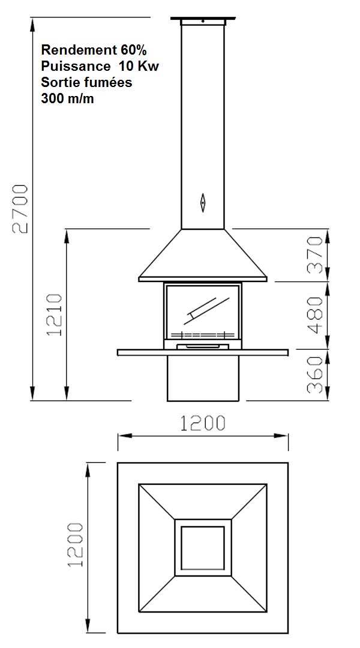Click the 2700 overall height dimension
(x=20, y=208)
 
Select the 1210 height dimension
(x=56, y=314)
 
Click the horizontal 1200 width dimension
(x=203, y=423)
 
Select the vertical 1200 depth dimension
(x=75, y=544)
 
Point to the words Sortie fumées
(x=86, y=82)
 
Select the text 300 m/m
(x=67, y=98)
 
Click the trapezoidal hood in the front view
(x=203, y=255)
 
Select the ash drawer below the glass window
(x=203, y=346)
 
